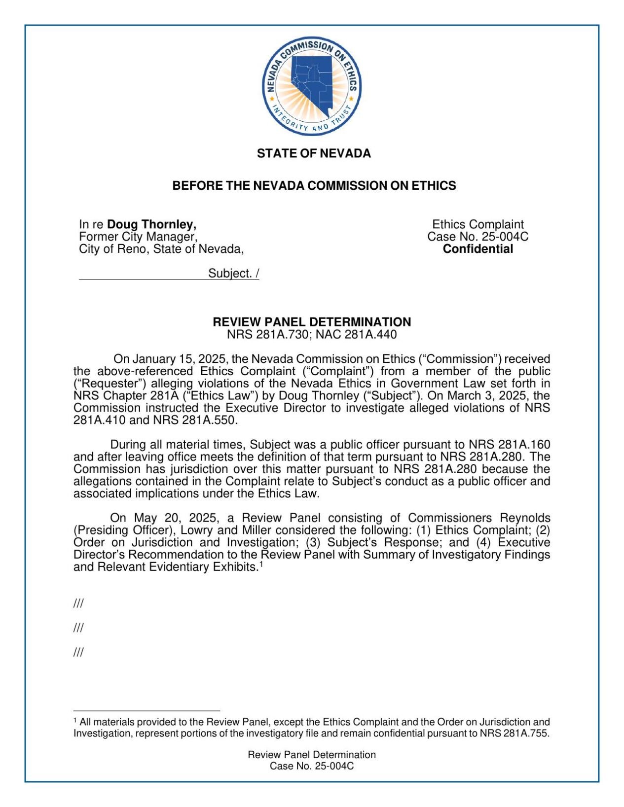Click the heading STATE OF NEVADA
click(x=313, y=153)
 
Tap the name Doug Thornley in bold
click(x=151, y=224)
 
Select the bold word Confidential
click(x=477, y=249)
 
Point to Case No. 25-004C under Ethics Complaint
click(x=477, y=237)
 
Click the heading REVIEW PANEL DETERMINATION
click(x=312, y=322)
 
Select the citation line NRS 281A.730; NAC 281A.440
click(x=312, y=335)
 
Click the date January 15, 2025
click(x=178, y=359)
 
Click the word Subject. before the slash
click(x=230, y=274)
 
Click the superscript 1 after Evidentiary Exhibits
click(x=261, y=564)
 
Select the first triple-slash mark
click(x=78, y=603)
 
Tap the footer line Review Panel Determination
click(x=312, y=754)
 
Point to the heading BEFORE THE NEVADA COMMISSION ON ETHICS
click(x=314, y=186)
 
